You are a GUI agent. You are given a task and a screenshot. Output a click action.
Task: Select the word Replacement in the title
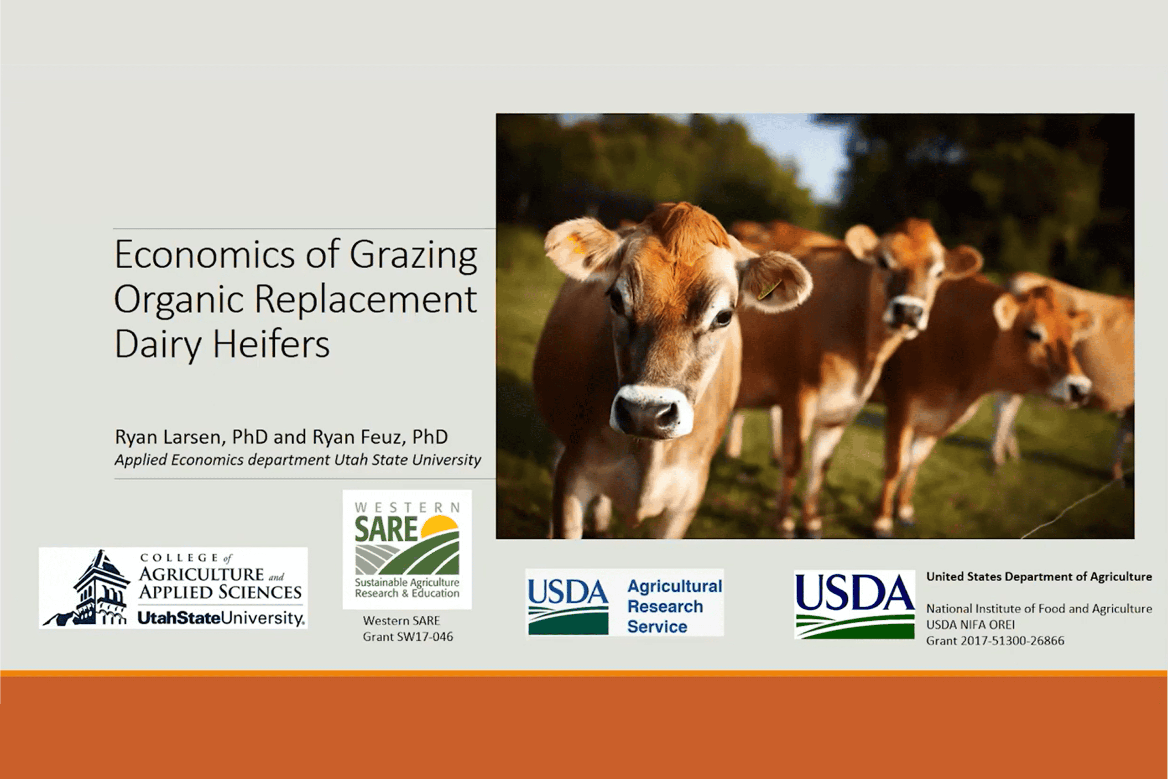(365, 299)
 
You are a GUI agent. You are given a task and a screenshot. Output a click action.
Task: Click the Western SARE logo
(407, 549)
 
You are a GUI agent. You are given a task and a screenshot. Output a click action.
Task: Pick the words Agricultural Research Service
(674, 606)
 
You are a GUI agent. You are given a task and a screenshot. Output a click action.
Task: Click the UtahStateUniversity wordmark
(221, 618)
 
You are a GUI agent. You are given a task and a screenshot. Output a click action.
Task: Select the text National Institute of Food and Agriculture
(1039, 609)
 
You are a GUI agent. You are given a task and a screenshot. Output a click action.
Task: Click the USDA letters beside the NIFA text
(854, 592)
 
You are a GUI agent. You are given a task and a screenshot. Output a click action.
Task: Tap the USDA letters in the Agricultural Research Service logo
(568, 592)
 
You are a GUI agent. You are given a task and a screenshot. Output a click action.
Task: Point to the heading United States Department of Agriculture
(1039, 577)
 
